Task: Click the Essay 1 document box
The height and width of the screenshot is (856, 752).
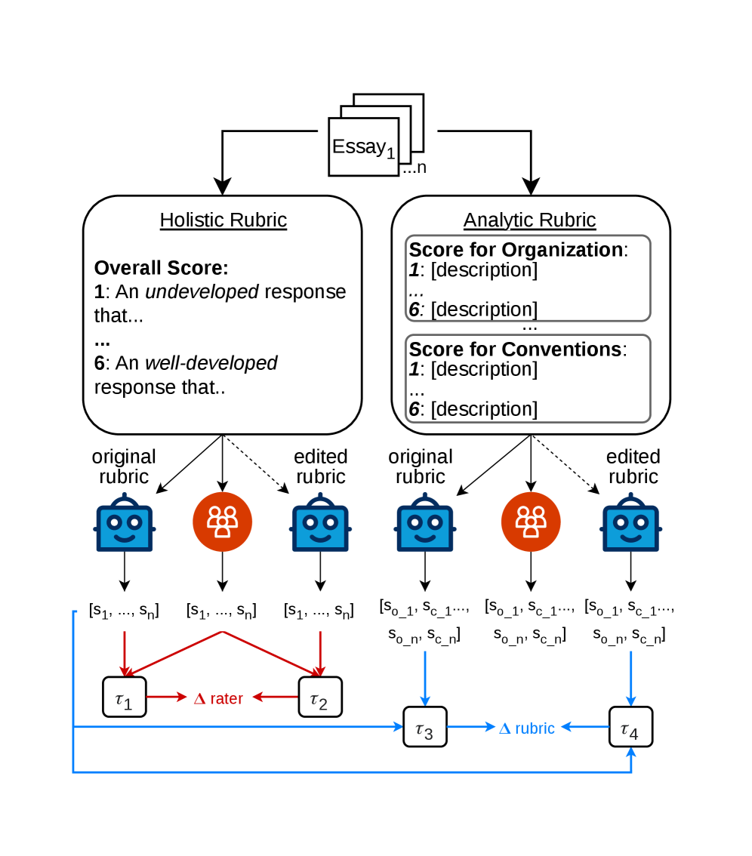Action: coord(364,147)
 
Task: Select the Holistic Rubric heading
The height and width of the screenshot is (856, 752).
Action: coord(223,220)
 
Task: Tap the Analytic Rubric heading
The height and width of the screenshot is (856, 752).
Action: coord(530,220)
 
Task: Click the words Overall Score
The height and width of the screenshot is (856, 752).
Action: coord(161,268)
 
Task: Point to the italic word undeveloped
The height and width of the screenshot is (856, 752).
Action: coord(202,291)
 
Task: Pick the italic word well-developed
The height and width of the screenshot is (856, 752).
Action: coord(211,362)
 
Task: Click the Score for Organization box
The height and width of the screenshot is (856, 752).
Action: coord(528,279)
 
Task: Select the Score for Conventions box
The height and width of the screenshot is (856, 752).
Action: coord(528,378)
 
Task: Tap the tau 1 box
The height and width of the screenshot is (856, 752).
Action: coord(125,697)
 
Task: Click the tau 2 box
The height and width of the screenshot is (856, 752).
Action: coord(320,697)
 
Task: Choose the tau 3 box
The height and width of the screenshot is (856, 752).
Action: coord(425,727)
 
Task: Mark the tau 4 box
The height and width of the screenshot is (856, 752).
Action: coord(630,727)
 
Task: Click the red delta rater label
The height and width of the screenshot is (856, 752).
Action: coord(218,698)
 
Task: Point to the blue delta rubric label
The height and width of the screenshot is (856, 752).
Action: coord(527,728)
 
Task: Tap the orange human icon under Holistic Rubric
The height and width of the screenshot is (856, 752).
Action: coord(222,522)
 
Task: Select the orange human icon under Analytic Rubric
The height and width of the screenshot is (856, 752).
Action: coord(531,522)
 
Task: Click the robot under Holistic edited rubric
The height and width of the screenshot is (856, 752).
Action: coord(321,522)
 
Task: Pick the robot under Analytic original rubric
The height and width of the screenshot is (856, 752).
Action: coord(425,522)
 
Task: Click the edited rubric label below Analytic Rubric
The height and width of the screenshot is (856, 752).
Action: coord(633,466)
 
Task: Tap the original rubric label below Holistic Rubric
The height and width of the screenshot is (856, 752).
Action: coord(124,466)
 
